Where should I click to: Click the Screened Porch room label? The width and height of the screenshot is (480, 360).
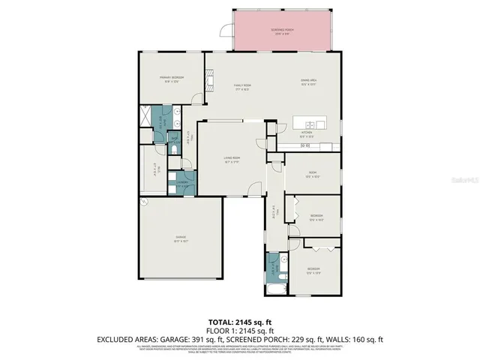[x=282, y=31]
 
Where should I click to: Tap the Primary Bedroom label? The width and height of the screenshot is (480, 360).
[x=171, y=79]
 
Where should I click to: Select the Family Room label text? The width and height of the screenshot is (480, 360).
[x=241, y=87]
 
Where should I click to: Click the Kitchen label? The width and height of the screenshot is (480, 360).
[x=306, y=133]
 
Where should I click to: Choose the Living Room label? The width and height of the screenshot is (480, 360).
[x=232, y=159]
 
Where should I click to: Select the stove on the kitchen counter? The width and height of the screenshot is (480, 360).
[x=305, y=145]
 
